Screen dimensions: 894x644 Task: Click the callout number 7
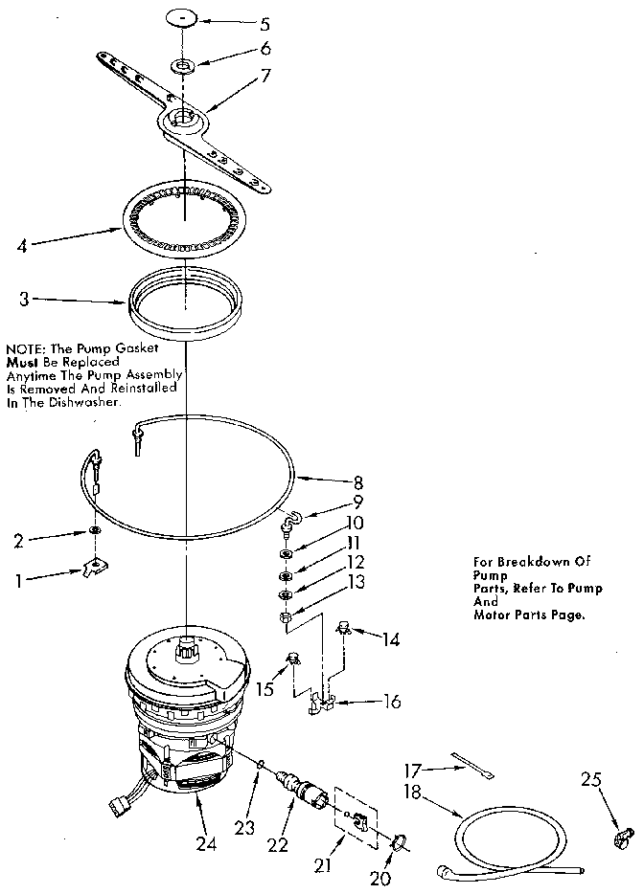pos(264,76)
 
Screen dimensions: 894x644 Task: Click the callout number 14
pos(391,638)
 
